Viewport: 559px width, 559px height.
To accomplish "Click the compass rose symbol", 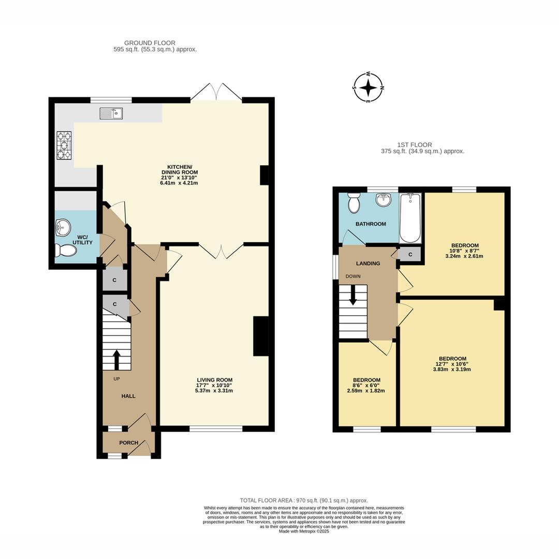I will coord(368,87).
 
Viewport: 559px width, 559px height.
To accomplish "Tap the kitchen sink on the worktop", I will coord(111,113).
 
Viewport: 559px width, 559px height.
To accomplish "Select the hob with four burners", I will coord(64,145).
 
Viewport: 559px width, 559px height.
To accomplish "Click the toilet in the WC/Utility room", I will coord(66,251).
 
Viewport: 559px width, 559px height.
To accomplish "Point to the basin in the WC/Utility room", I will coord(62,227).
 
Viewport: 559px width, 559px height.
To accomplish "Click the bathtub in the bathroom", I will coord(410,218).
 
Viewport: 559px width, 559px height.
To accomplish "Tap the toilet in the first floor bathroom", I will coord(354,203).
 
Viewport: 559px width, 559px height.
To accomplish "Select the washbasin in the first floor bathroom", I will coord(383,200).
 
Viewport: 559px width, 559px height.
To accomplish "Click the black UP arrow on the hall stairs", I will coord(116,360).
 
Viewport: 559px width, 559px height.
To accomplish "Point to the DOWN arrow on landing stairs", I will coord(354,295).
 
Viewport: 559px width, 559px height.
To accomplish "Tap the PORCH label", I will coord(128,443).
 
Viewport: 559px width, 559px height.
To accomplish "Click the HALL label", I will coord(128,396).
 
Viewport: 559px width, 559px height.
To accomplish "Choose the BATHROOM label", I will coord(371,224).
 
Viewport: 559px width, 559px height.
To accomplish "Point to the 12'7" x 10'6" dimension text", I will coord(452,364).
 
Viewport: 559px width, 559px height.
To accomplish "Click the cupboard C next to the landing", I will coord(410,254).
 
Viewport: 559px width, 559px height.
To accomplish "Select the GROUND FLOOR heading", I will coord(150,43).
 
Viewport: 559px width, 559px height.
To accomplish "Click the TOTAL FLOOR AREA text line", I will coord(304,501).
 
